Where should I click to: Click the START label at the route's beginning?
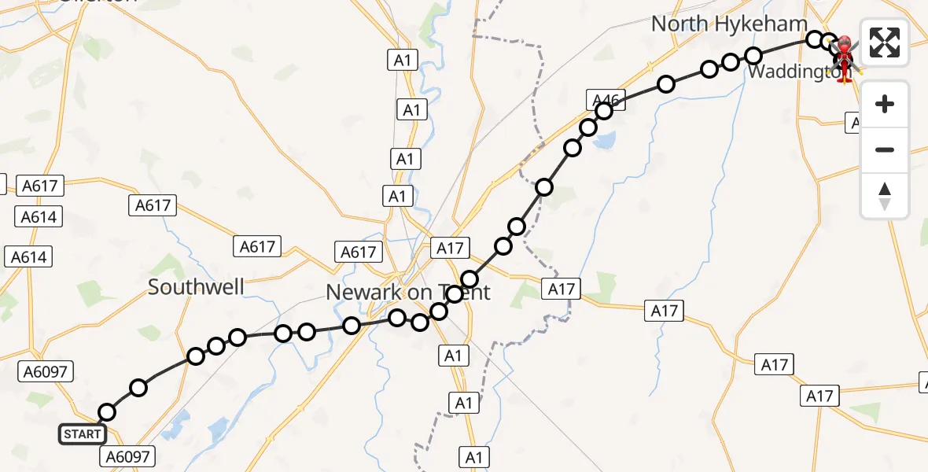tap(83, 433)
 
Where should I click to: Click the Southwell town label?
tap(196, 287)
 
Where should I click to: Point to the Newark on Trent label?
tap(407, 293)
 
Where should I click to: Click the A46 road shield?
tap(605, 99)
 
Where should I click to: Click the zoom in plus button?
tap(885, 104)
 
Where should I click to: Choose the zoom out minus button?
tap(885, 149)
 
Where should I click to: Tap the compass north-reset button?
tap(885, 196)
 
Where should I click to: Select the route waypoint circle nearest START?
tap(107, 412)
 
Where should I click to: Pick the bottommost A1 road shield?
tap(474, 457)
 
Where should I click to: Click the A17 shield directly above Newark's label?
tap(450, 249)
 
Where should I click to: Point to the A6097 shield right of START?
tap(127, 455)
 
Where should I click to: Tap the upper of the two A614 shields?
tap(39, 216)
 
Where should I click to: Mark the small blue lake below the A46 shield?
tap(606, 141)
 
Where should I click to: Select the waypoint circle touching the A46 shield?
tap(604, 112)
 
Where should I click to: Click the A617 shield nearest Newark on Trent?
tap(358, 252)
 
